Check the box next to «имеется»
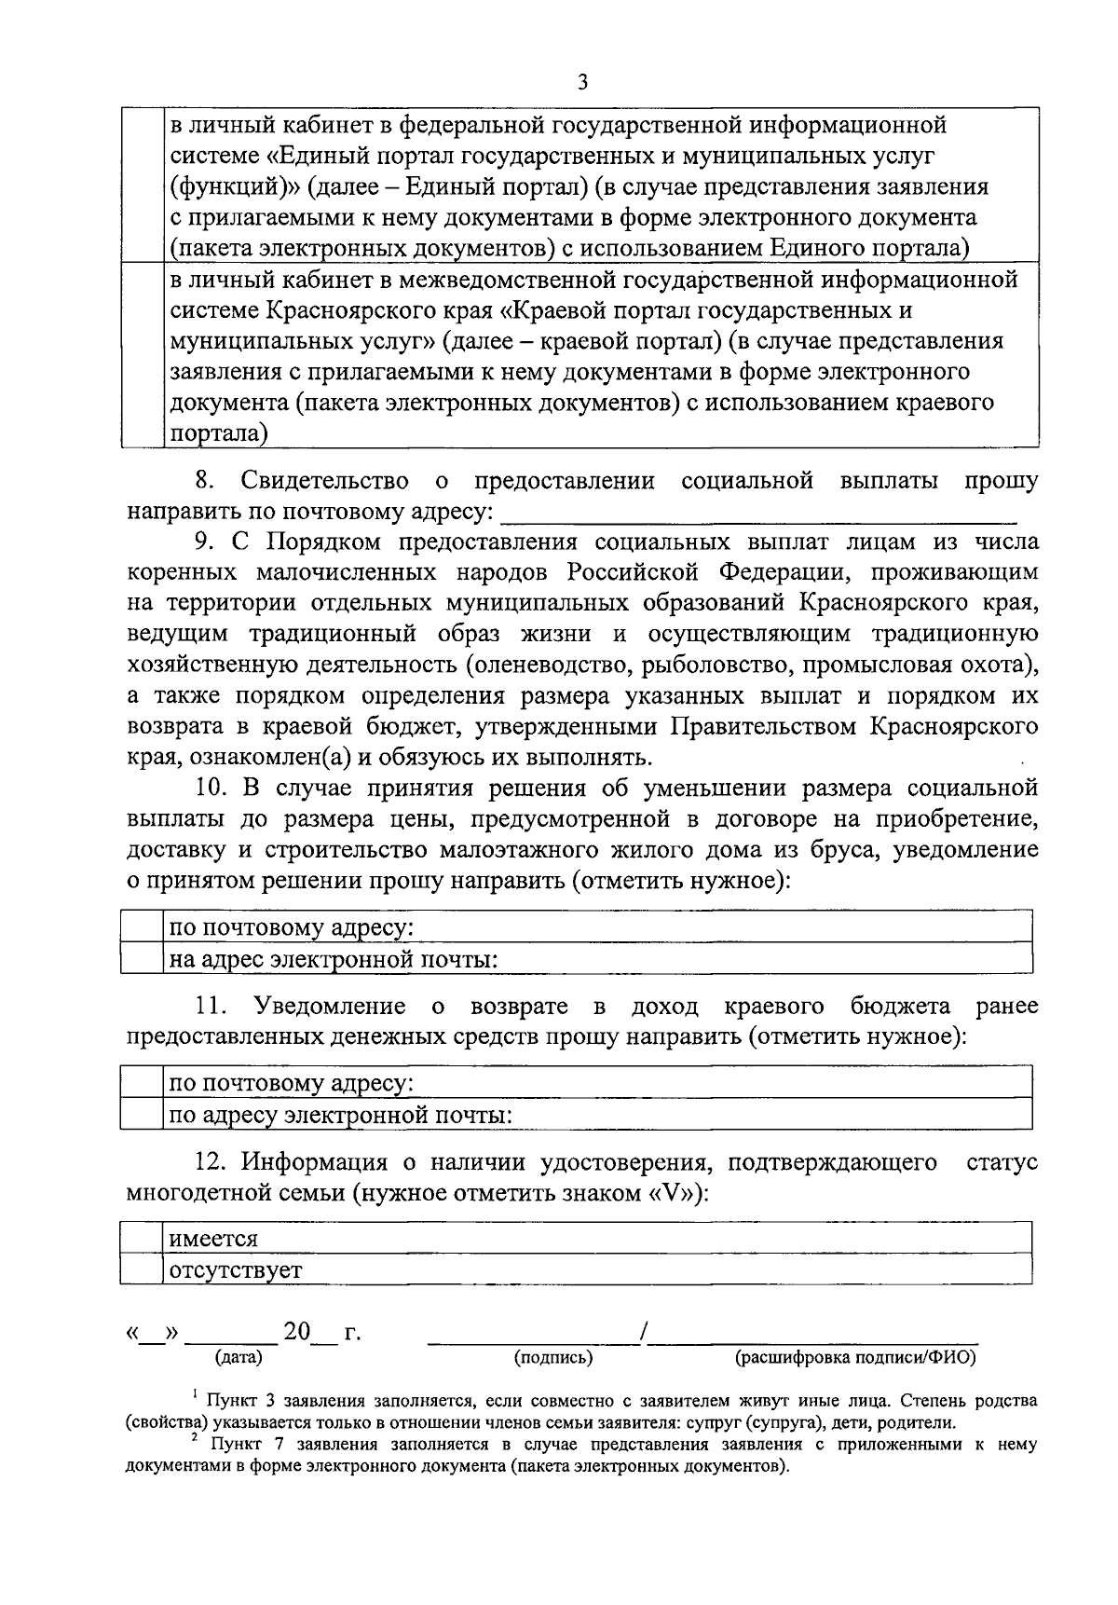coord(143,1239)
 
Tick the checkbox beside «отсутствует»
coord(143,1269)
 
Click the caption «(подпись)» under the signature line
coord(553,1358)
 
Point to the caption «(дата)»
coord(239,1358)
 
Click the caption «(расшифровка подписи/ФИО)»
coord(855,1358)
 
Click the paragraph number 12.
coord(212,1162)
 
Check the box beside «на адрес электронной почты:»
coord(143,959)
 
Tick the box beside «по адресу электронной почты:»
coord(143,1115)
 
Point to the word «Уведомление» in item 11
coord(330,1007)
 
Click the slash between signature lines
coord(643,1334)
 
